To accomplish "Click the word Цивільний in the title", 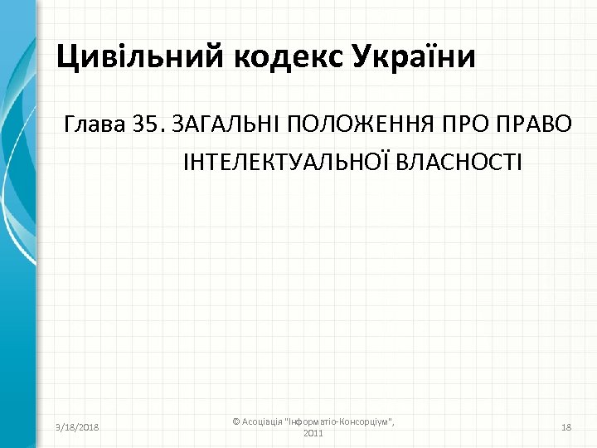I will click(x=132, y=58).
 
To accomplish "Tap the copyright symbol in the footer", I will click(x=235, y=421).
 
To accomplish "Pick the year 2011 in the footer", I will click(x=314, y=433).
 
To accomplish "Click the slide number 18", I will click(x=567, y=426).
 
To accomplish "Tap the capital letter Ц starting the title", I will click(x=66, y=58).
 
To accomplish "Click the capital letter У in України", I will click(x=363, y=58).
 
